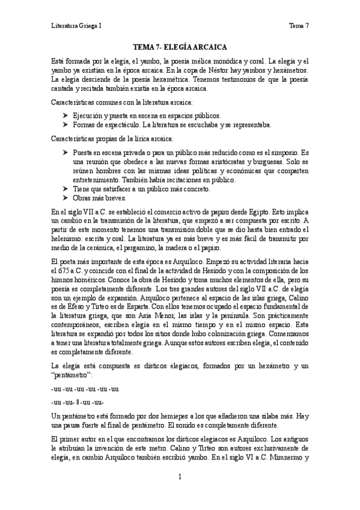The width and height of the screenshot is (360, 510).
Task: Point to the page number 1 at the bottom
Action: (x=180, y=477)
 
